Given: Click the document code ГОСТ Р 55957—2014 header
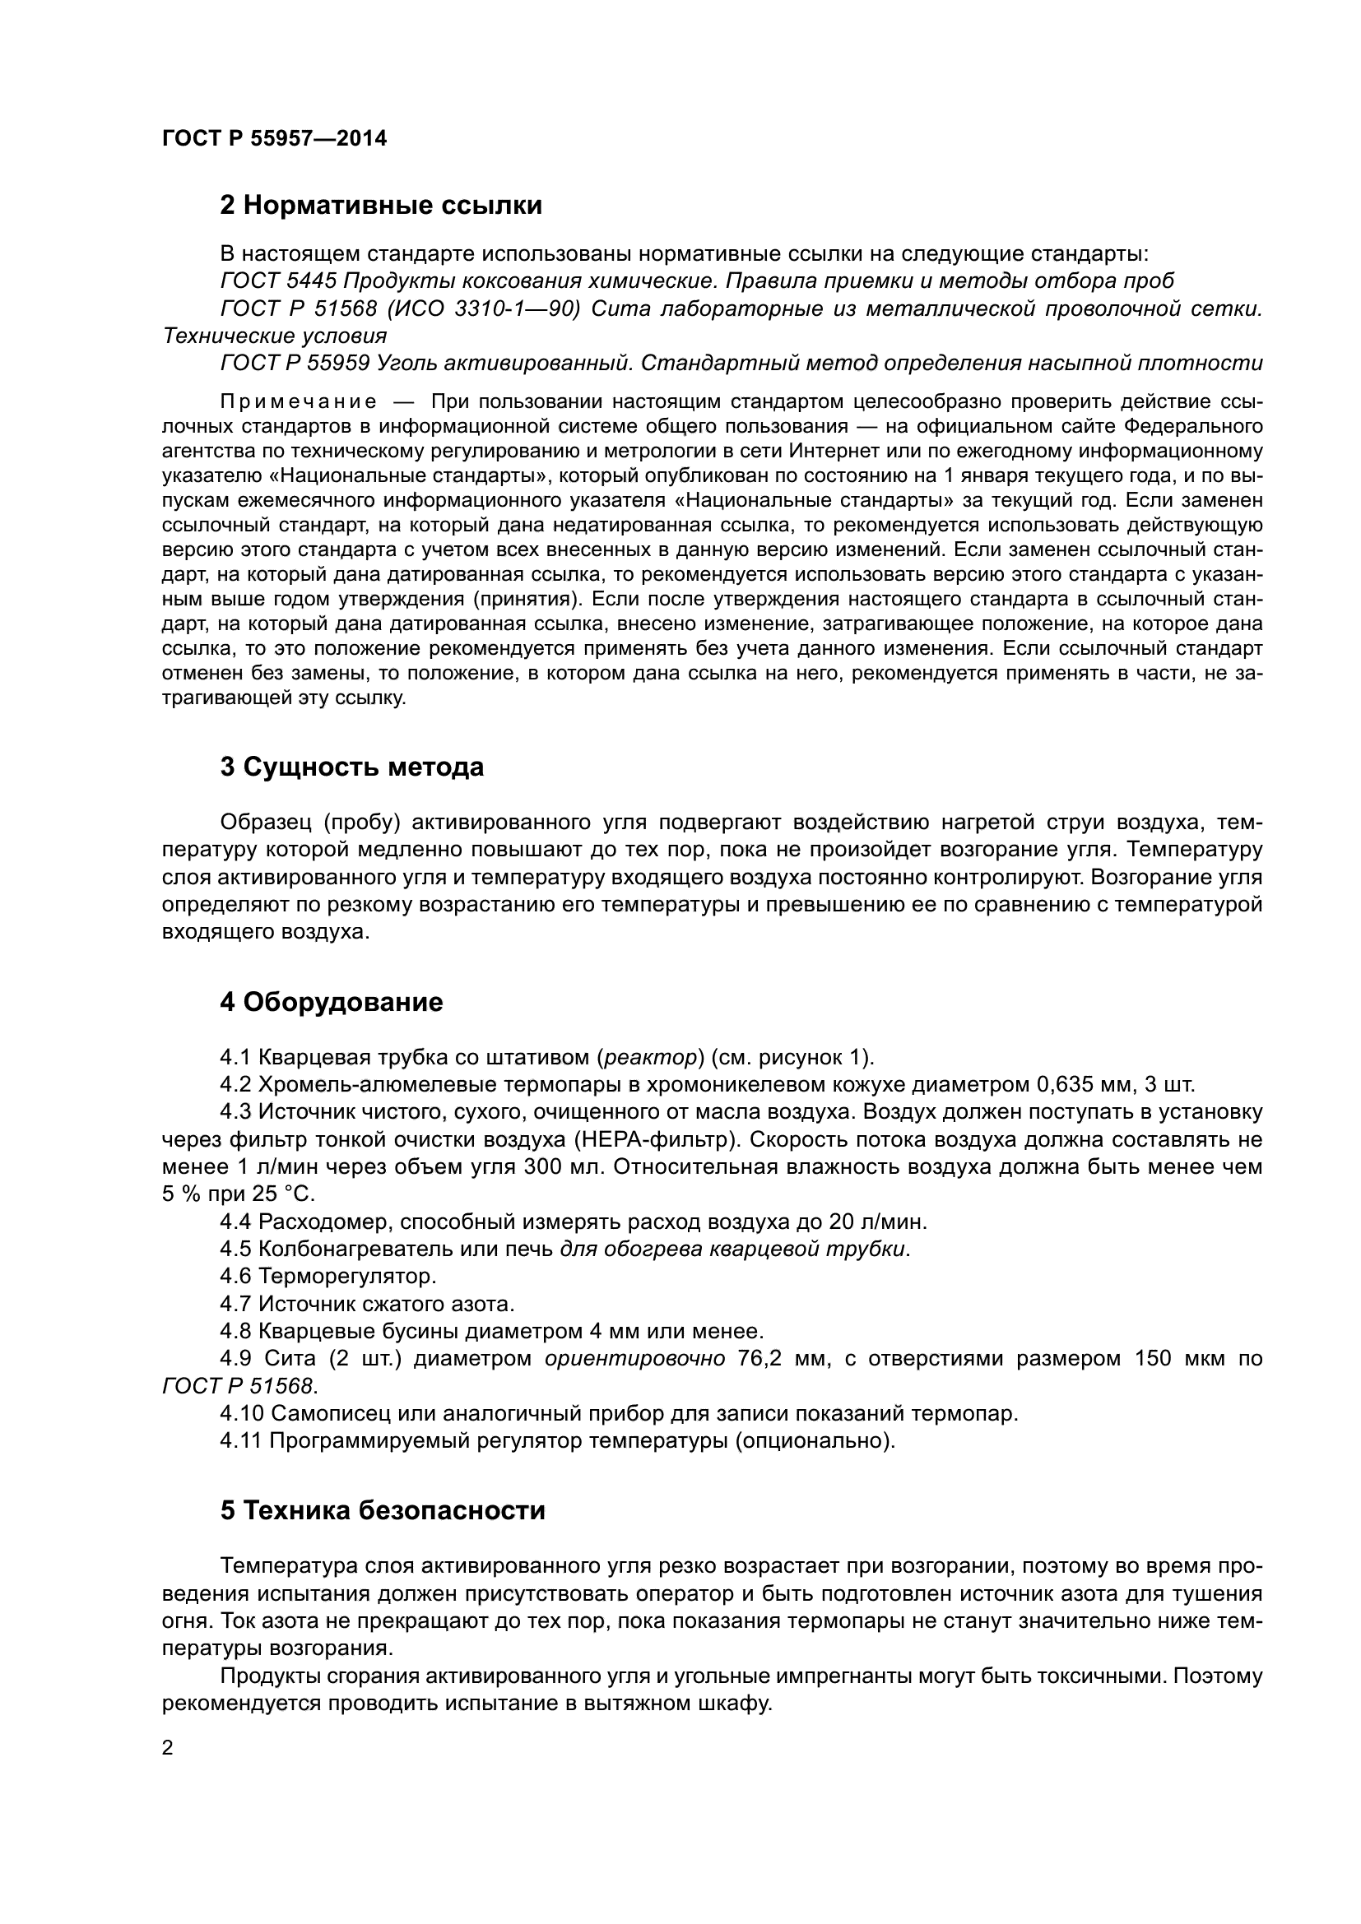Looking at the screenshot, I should (x=274, y=138).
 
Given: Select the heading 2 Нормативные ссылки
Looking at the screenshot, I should (x=380, y=206).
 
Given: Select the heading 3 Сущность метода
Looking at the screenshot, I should (x=351, y=767).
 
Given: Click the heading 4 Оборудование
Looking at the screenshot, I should (x=331, y=1002).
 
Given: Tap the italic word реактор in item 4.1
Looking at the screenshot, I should (x=651, y=1058).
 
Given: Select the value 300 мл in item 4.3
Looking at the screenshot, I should (x=560, y=1167).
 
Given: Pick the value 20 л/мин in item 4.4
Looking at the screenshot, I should (x=877, y=1222).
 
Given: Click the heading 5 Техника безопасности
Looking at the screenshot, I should (x=382, y=1510).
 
